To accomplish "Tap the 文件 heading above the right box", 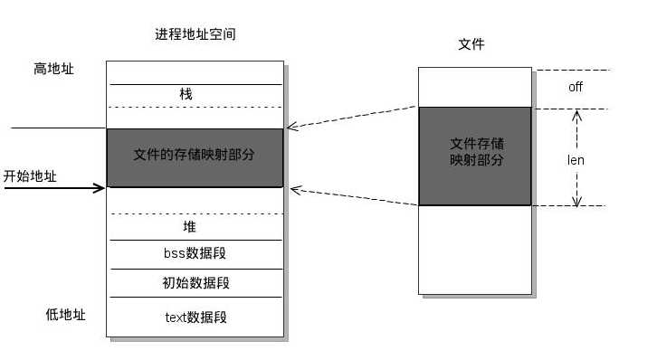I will (471, 43).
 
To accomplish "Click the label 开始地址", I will (30, 176).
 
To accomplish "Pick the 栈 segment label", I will (186, 94).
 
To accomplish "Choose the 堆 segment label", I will (189, 227).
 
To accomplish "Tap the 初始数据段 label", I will (195, 283).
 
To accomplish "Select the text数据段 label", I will (195, 317).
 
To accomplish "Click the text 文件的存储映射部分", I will (194, 155).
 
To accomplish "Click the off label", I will (576, 88).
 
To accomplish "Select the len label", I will (576, 160).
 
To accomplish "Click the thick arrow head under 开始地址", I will (100, 188).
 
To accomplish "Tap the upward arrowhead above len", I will (576, 115).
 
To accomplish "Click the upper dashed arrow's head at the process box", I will (290, 128).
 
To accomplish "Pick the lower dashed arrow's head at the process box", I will (290, 188).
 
